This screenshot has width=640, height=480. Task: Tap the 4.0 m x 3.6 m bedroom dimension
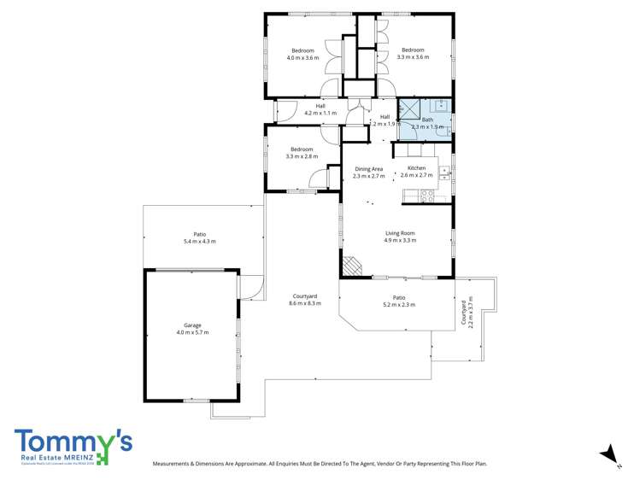(302, 57)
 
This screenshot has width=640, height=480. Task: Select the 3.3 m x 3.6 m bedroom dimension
(414, 57)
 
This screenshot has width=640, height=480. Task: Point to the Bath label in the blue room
(427, 120)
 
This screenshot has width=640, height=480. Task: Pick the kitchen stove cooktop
(428, 195)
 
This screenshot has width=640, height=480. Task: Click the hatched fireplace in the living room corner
(351, 266)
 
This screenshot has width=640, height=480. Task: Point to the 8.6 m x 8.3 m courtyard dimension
(304, 303)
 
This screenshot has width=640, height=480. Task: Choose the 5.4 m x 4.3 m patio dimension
(200, 242)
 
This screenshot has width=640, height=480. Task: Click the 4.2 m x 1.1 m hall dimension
(320, 113)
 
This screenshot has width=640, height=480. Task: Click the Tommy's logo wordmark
(73, 442)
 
